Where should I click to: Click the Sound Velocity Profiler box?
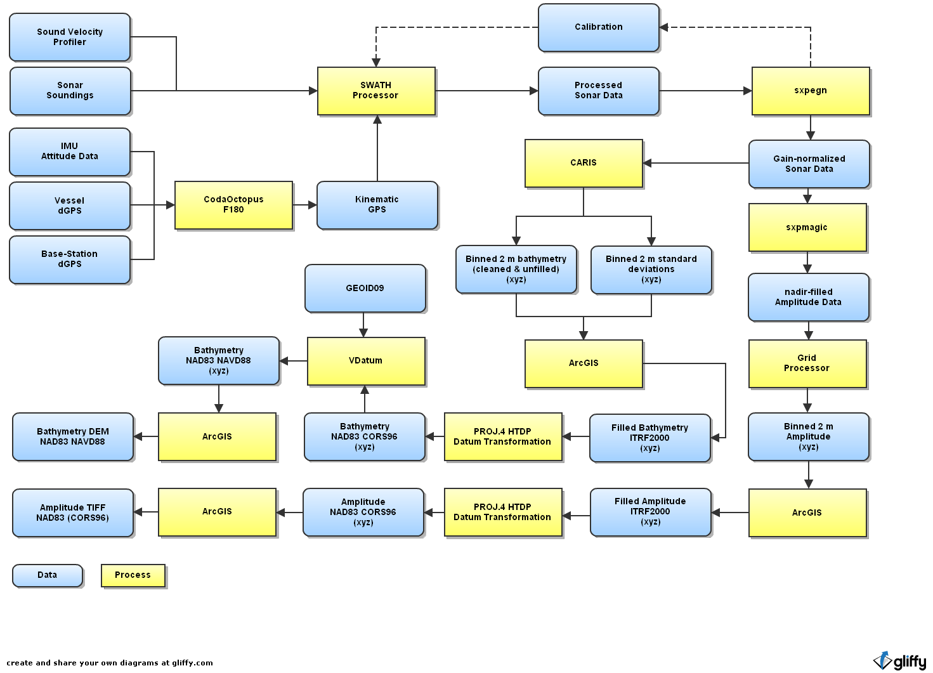point(70,37)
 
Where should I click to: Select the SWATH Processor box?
point(376,91)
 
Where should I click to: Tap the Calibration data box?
point(598,27)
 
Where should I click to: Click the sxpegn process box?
point(810,91)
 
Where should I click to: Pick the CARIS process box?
point(584,163)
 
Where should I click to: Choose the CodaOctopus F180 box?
point(233,204)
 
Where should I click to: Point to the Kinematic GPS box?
point(377,204)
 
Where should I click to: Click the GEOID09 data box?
point(365,288)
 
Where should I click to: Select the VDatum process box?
point(365,360)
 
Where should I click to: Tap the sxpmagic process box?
point(807,227)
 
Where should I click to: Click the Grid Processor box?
point(807,363)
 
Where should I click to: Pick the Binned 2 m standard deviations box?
point(651,269)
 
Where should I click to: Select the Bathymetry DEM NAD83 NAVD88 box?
point(72,436)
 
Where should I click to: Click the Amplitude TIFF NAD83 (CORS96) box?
point(72,513)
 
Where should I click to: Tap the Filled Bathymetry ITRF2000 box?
point(649,438)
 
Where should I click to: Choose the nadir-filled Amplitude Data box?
point(808,297)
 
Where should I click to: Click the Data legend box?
point(47,575)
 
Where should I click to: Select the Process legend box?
point(133,575)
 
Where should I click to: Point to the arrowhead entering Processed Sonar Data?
point(534,91)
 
